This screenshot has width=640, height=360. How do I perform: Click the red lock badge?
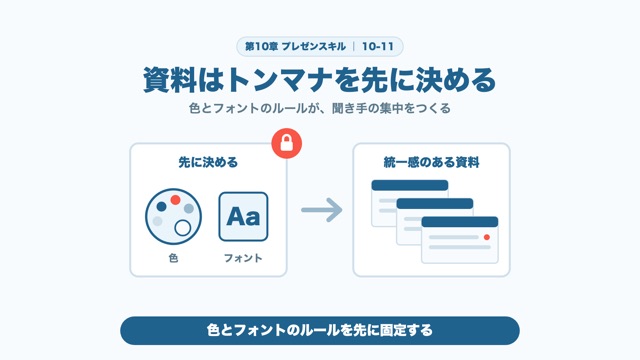point(287,143)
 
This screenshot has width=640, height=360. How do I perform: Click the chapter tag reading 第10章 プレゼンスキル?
point(295,47)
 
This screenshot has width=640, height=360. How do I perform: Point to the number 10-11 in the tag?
point(378,47)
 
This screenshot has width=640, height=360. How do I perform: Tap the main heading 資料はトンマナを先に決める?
point(320,80)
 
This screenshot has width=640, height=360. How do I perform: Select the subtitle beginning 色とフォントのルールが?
point(320,109)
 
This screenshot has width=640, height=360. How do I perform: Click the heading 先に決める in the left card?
point(208,162)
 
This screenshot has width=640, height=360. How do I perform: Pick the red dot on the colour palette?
point(176,200)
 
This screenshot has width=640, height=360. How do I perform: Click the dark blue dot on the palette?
point(162,207)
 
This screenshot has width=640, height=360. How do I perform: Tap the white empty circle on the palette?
point(182,228)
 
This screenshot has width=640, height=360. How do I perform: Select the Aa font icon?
point(243,217)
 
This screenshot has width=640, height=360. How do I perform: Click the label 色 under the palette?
point(173,258)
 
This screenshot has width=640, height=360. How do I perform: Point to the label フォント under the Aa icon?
point(243,258)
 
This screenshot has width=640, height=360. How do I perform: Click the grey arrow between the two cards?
point(322,210)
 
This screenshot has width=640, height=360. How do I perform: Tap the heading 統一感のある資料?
point(431,162)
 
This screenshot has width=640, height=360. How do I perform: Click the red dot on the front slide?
point(487,237)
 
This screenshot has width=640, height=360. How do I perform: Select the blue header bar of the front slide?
point(460,222)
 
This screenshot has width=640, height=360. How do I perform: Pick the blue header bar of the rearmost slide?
point(410,185)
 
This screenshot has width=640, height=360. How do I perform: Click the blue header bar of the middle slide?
point(435,203)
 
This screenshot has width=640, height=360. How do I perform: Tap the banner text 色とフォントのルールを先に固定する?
point(320,330)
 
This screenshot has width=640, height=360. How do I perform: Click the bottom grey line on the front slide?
point(460,247)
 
